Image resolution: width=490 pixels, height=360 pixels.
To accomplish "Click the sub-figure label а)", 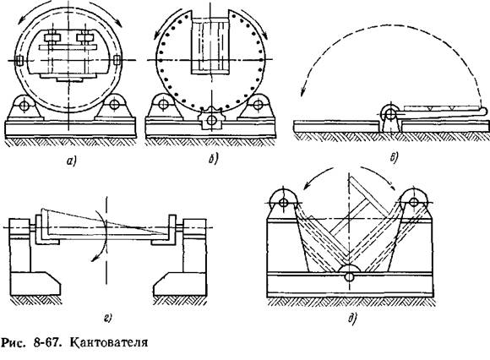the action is [72, 161].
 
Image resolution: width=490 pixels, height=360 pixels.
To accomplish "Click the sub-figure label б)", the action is [213, 160].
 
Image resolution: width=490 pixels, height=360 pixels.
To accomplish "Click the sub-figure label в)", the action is [394, 158].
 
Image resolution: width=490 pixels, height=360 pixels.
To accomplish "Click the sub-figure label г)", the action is [107, 319].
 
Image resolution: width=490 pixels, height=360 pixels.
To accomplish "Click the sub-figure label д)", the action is [353, 319].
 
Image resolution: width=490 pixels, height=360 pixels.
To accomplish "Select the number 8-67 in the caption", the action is [46, 342].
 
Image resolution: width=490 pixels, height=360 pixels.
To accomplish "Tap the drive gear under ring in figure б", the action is [211, 119].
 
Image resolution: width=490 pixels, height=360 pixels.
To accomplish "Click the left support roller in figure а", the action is [24, 105].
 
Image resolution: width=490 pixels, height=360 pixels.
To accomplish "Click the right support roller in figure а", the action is [115, 103].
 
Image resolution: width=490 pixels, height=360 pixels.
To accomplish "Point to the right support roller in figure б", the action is [258, 104].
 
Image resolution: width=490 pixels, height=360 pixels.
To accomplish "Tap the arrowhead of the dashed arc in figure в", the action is [302, 92].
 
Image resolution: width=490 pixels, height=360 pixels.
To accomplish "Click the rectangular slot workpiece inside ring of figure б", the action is [210, 46].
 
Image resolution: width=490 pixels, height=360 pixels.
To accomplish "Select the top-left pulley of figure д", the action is [283, 202].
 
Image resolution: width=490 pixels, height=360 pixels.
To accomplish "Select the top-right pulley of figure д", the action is [414, 202].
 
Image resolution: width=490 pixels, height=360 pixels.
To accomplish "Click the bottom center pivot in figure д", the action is [350, 276].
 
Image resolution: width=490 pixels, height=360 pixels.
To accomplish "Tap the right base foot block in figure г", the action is [180, 283].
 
